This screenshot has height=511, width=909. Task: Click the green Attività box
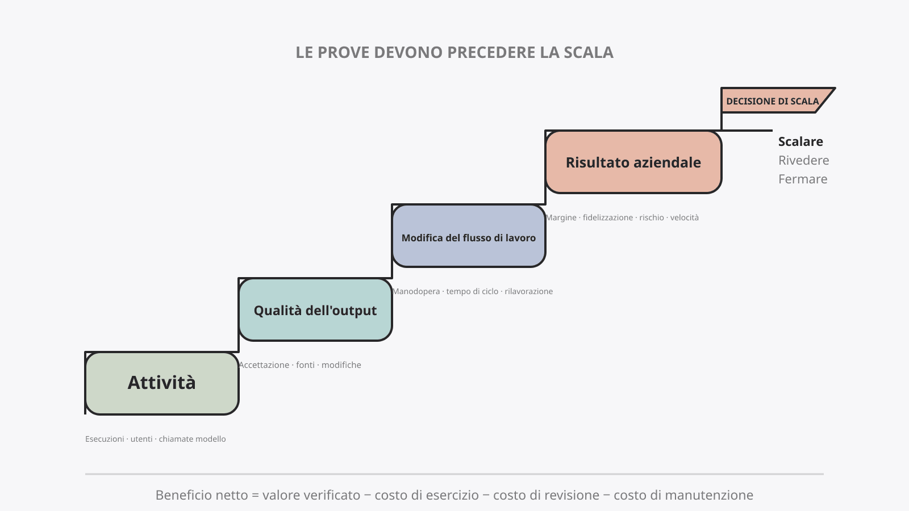click(x=162, y=383)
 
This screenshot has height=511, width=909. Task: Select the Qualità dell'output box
click(x=315, y=310)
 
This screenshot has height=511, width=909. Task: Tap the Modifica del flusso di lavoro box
click(x=469, y=236)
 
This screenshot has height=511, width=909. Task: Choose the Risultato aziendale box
click(x=633, y=162)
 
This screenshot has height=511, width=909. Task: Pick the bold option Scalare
click(x=800, y=141)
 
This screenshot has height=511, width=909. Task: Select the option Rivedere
click(x=803, y=160)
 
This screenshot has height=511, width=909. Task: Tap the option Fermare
click(x=803, y=179)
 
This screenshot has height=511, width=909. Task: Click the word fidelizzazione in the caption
click(x=608, y=217)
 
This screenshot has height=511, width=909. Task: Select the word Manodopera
click(x=416, y=291)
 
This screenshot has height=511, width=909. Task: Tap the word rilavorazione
click(x=529, y=291)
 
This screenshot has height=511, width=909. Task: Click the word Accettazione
click(x=264, y=365)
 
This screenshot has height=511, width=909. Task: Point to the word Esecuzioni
click(x=105, y=439)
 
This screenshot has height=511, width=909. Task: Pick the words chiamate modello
click(x=193, y=439)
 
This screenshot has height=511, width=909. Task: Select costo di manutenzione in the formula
click(x=683, y=495)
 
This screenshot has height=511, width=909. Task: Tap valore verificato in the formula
click(x=311, y=495)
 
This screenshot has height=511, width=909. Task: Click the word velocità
click(x=685, y=217)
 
